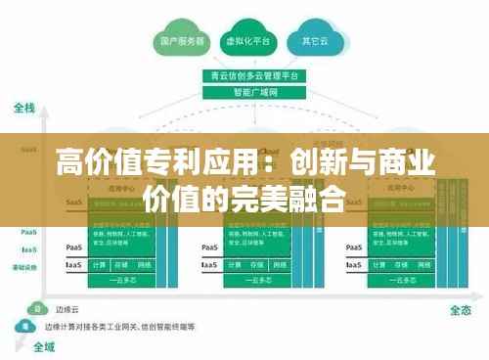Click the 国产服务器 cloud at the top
point(182,42)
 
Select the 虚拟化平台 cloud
point(246,42)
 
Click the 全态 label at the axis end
point(461,310)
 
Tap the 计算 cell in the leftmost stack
point(99,265)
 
